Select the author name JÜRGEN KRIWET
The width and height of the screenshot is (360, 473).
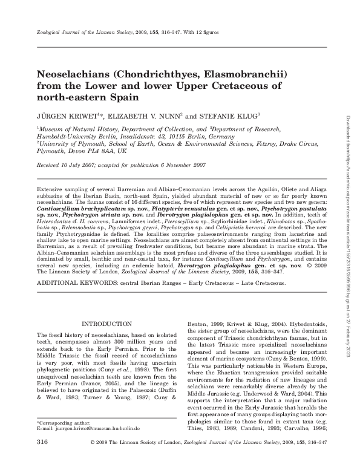(64, 115)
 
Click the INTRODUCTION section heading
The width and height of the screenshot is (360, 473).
(106, 324)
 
